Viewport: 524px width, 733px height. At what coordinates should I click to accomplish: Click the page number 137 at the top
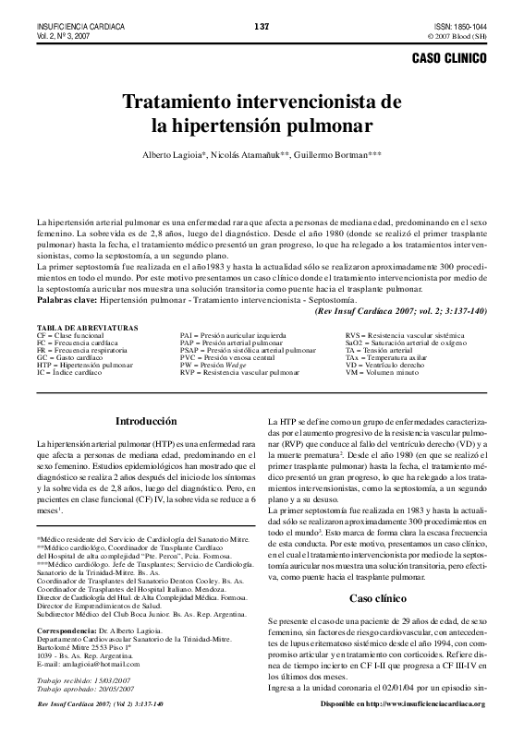pyautogui.click(x=261, y=26)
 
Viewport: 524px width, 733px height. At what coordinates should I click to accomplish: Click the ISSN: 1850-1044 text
pyautogui.click(x=460, y=26)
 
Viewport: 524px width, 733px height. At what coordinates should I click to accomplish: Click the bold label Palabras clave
pyautogui.click(x=66, y=301)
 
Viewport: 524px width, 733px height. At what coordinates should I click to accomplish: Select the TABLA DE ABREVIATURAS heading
pyautogui.click(x=87, y=328)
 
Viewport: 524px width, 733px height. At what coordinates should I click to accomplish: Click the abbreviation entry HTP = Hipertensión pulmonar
pyautogui.click(x=78, y=365)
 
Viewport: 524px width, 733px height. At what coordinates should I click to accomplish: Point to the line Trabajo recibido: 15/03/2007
pyautogui.click(x=83, y=680)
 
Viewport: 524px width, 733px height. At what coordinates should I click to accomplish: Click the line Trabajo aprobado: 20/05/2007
pyautogui.click(x=84, y=688)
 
